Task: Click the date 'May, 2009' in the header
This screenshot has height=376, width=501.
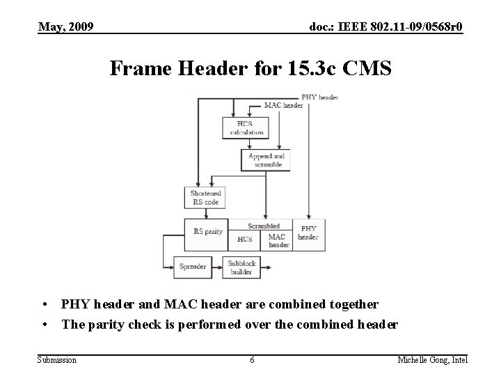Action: pos(67,27)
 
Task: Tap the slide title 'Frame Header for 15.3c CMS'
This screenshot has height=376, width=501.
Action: pos(250,69)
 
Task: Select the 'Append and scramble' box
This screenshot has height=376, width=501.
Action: pos(267,160)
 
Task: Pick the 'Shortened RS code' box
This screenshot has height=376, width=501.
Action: pos(205,198)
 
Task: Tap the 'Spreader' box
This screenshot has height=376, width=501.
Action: pos(193,267)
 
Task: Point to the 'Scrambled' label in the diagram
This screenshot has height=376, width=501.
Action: pos(264,226)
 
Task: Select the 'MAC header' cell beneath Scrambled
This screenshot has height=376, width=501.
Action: pos(278,240)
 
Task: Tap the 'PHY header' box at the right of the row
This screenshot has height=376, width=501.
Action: pos(308,233)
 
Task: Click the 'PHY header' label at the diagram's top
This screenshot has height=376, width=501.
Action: pos(319,97)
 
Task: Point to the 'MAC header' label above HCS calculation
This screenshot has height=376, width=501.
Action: pos(283,106)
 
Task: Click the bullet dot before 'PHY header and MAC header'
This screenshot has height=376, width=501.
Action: pos(44,304)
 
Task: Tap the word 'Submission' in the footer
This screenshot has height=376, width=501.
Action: pos(57,359)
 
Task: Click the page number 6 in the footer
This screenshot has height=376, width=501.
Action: pos(252,359)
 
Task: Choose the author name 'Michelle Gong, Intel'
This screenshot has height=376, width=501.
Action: pos(432,359)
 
